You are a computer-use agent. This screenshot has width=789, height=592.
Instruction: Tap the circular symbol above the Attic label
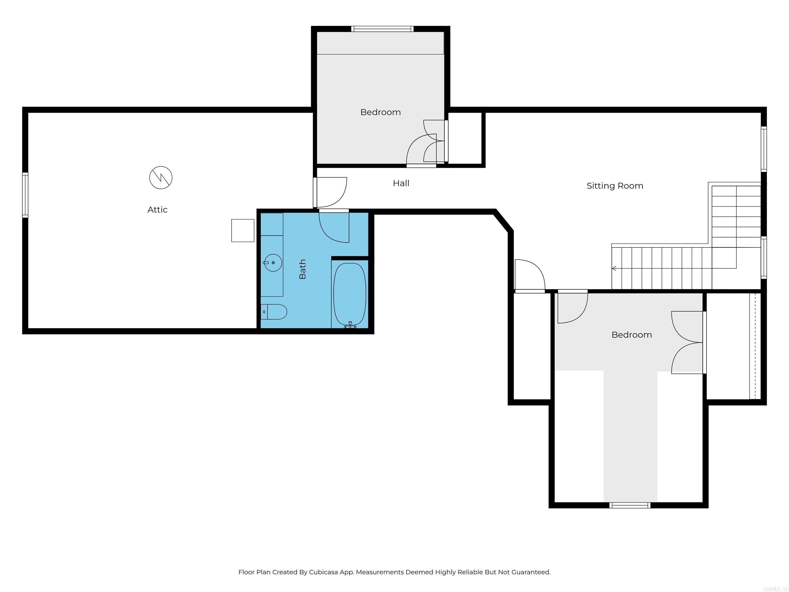coord(161,177)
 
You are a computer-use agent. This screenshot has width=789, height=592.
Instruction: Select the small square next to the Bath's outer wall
coord(242,230)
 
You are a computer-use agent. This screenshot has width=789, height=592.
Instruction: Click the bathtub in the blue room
coord(350,294)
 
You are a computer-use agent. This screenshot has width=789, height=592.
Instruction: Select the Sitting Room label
coord(615,186)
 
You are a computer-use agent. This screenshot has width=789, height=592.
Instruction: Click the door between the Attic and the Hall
coord(330,193)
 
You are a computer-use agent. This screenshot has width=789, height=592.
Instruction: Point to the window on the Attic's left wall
coord(25,195)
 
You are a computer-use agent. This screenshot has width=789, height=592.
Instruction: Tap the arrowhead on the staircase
coord(614,268)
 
